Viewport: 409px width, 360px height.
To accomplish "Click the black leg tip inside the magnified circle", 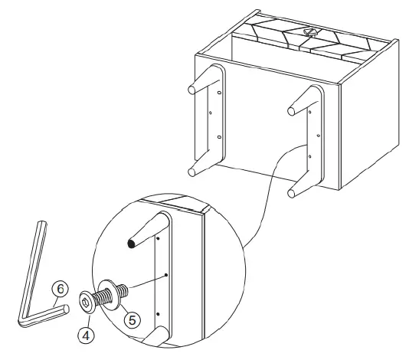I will [133, 244].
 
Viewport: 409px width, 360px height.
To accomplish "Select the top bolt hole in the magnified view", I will [156, 238].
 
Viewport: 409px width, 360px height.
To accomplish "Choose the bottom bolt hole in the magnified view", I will [157, 315].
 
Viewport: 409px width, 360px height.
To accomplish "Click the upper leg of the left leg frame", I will [198, 83].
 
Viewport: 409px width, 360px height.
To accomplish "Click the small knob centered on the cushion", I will [310, 32].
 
